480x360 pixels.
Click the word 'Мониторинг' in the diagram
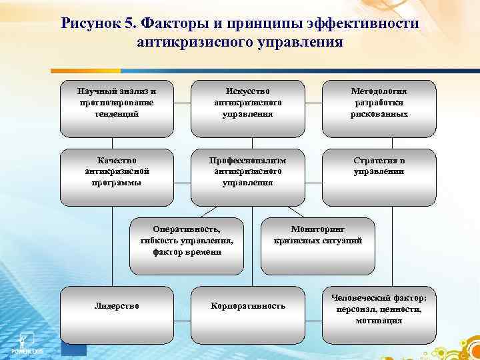318,228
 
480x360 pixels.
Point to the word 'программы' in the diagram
117,183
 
